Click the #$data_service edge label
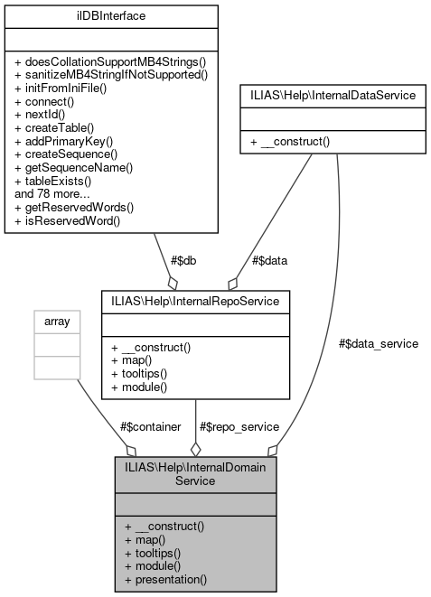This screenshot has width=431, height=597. pos(379,343)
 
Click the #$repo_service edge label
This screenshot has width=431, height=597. pos(234,426)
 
